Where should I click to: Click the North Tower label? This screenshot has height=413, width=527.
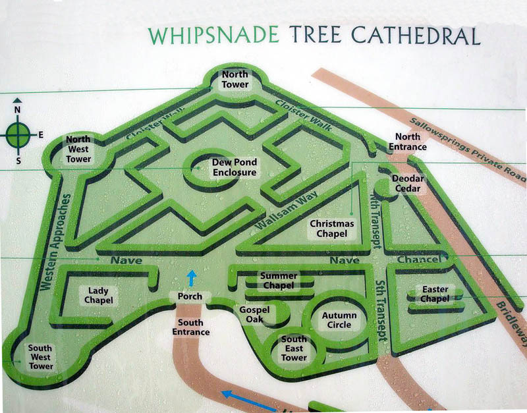[235, 79]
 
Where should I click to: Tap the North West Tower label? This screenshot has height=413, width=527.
[78, 150]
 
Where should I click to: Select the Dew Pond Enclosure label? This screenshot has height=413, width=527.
[234, 167]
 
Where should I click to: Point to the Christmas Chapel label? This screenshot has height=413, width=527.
[332, 229]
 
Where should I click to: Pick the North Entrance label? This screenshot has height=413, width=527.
[406, 142]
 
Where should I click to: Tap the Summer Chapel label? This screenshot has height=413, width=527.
[279, 281]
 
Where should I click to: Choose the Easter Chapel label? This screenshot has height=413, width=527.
[434, 294]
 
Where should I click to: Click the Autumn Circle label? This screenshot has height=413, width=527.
[339, 320]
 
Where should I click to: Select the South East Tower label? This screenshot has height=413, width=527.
[294, 348]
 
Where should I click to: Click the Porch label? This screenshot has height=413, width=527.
[190, 297]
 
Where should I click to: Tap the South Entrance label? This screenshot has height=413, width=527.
[191, 327]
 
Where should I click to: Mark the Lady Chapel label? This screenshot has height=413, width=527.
[98, 295]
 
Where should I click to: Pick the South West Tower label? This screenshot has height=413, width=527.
[41, 357]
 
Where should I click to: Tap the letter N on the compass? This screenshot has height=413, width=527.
[18, 109]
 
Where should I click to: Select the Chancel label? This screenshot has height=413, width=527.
[418, 260]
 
